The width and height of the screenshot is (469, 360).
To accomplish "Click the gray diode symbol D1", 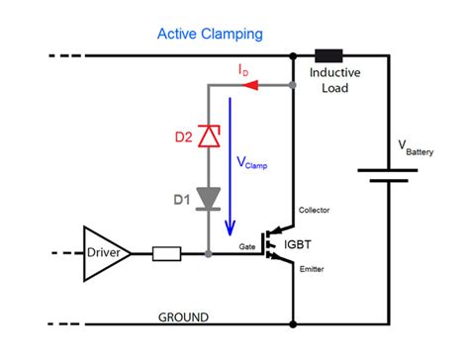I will tap(209, 198).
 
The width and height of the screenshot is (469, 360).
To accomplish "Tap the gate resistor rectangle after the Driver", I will tap(166, 254).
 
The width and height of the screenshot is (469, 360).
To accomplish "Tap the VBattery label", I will tap(420, 146).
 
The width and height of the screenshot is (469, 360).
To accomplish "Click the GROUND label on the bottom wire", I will tap(184, 317).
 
